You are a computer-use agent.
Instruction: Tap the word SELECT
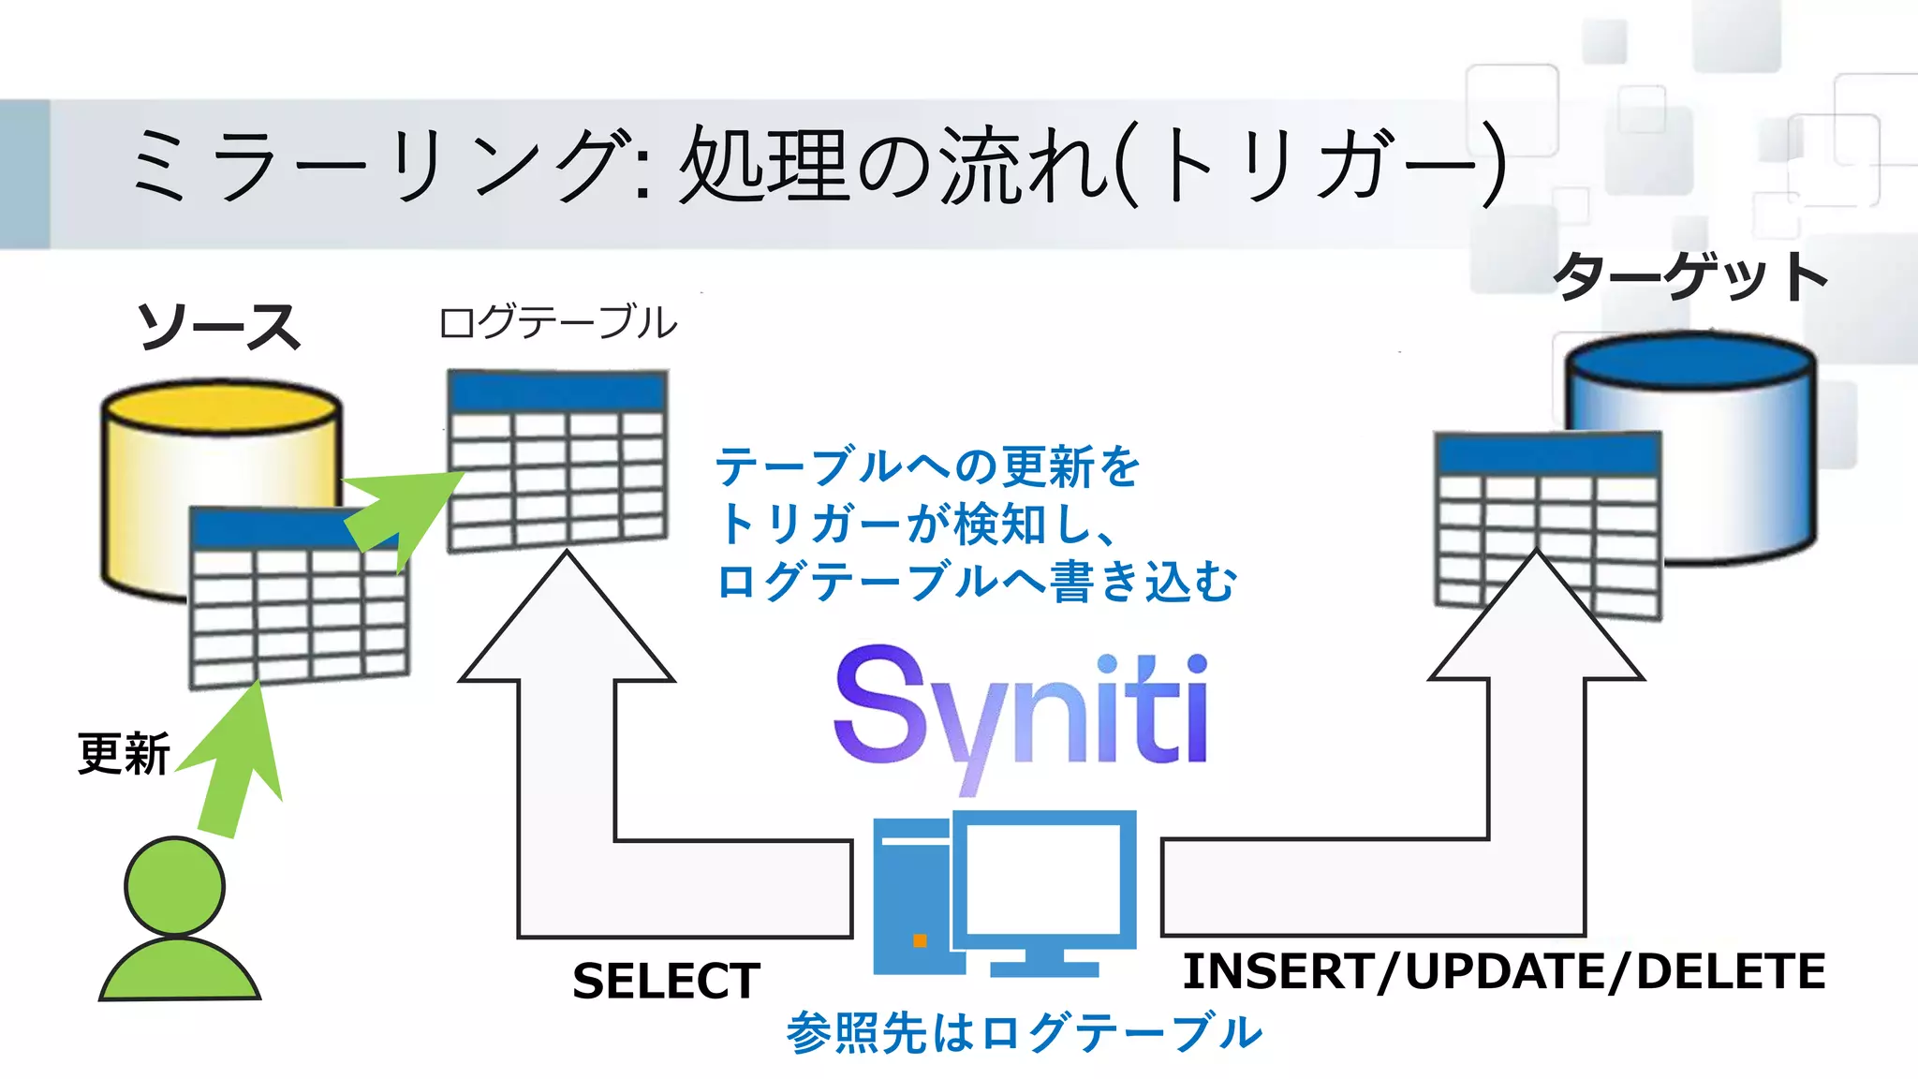click(666, 981)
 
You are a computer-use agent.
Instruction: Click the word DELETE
click(1731, 970)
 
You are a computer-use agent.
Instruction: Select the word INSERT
click(1278, 970)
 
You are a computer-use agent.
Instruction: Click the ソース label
click(219, 327)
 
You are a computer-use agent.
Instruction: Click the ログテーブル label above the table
click(557, 322)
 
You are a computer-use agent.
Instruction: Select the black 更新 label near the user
click(124, 754)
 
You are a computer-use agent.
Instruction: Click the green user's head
click(175, 886)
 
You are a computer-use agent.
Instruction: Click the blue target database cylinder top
click(1689, 361)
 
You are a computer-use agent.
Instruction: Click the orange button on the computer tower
click(920, 940)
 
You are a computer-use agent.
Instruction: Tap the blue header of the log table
click(557, 392)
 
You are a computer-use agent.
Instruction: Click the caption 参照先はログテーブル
click(1024, 1032)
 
